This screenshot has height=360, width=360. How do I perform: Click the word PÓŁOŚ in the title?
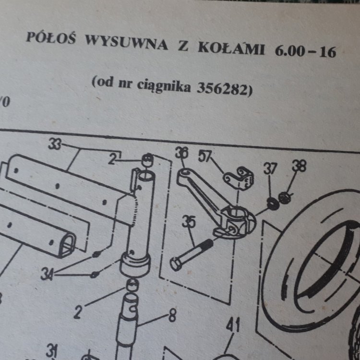(51, 37)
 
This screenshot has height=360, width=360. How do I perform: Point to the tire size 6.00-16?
(306, 51)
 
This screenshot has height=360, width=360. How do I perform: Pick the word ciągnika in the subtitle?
(164, 86)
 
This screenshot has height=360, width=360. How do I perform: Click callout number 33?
(55, 144)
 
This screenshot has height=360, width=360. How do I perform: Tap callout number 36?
(181, 153)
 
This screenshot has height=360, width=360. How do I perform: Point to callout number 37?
(270, 168)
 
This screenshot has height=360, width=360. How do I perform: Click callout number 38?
(299, 166)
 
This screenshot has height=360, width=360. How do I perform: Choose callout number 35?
(189, 222)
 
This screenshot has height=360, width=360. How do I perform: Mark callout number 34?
(47, 275)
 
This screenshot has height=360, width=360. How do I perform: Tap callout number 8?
(173, 316)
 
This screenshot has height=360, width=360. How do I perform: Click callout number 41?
(233, 325)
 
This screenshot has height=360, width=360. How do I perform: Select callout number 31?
(52, 351)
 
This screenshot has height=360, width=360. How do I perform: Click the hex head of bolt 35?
(176, 264)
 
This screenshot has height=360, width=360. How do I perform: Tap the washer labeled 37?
(273, 204)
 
